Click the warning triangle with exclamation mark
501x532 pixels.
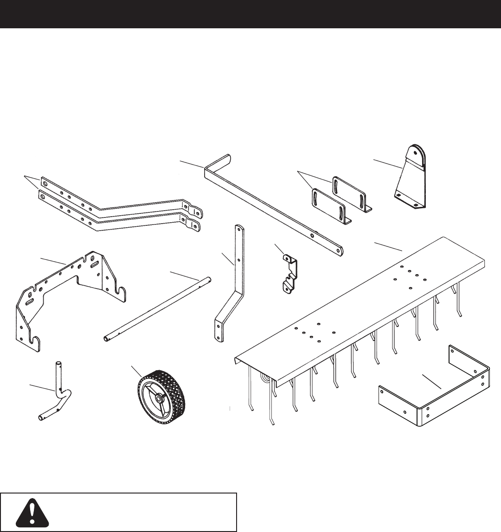click(28, 512)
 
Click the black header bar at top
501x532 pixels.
click(250, 14)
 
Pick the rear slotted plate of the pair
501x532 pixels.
click(353, 192)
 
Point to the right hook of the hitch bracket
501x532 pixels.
click(122, 293)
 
